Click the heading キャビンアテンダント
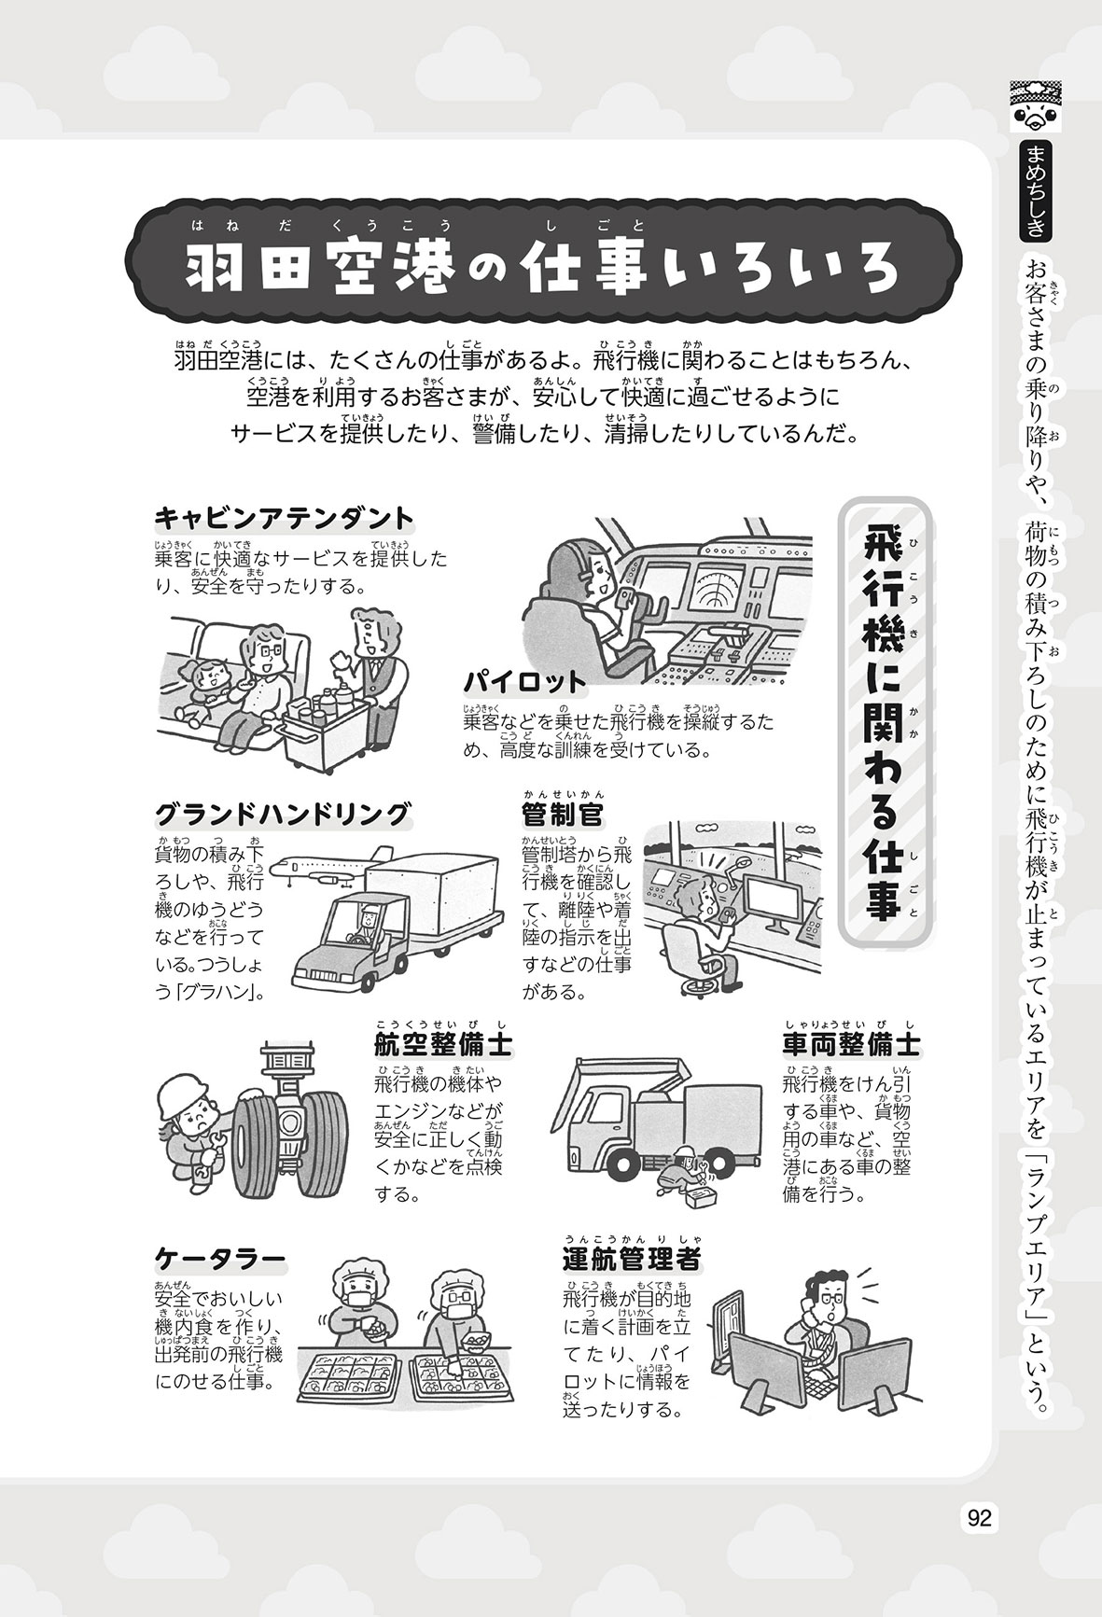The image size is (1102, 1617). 284,519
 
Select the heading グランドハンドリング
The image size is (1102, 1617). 283,815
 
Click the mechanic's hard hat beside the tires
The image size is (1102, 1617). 182,1094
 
